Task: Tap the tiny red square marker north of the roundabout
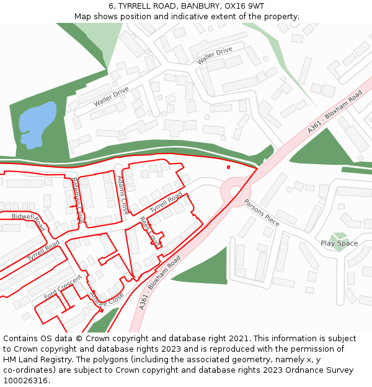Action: coord(228,167)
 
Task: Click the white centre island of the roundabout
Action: coord(236,192)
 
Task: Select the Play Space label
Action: coord(339,243)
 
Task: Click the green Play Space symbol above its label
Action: coord(339,235)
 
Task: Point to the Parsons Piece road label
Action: coord(261,212)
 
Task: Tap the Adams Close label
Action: coord(123,194)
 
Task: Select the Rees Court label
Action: coord(149,231)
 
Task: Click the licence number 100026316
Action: coord(25,381)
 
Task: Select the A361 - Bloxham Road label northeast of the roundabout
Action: coord(335,112)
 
